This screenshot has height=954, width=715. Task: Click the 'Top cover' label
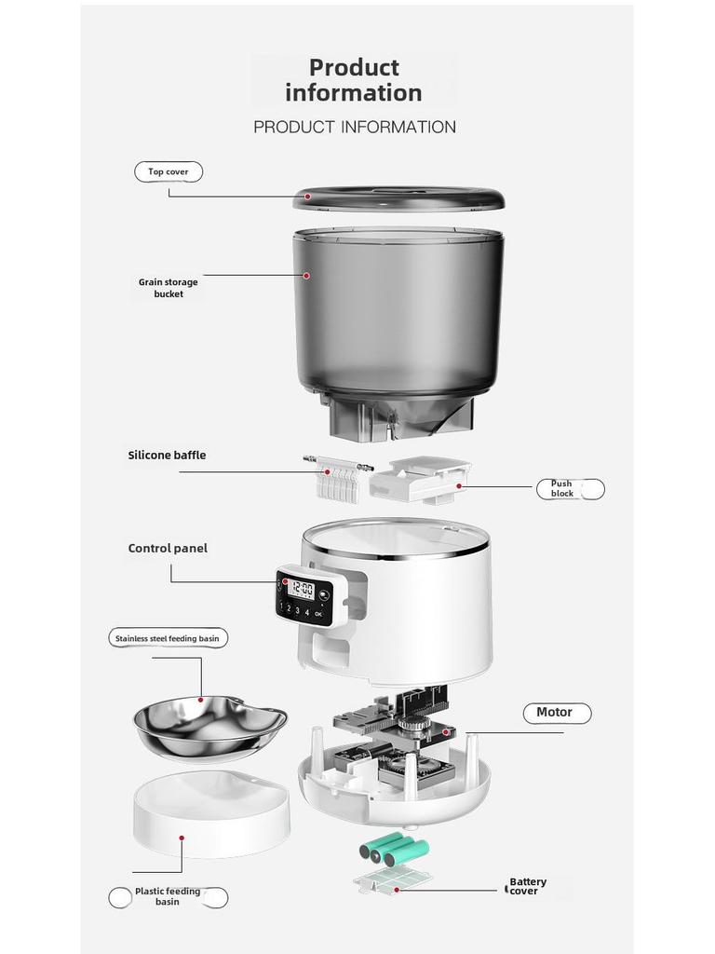tap(169, 171)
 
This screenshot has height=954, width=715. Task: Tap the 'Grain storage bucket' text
tap(169, 288)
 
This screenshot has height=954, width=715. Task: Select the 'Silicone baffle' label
tap(167, 456)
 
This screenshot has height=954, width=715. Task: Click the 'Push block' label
tap(562, 488)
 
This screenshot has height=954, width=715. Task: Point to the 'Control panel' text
tap(168, 549)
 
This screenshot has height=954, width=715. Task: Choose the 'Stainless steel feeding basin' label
tap(169, 638)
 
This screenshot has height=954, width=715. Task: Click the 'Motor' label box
tap(556, 713)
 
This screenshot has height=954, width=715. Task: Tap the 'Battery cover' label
tap(528, 886)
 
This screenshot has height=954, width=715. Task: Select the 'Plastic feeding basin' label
tap(168, 896)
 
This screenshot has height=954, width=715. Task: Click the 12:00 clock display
tap(301, 589)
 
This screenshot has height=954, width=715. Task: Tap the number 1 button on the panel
tap(282, 607)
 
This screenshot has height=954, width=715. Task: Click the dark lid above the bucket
tap(398, 198)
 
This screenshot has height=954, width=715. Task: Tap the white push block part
tap(419, 481)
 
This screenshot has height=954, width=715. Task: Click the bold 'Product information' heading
tap(354, 80)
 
